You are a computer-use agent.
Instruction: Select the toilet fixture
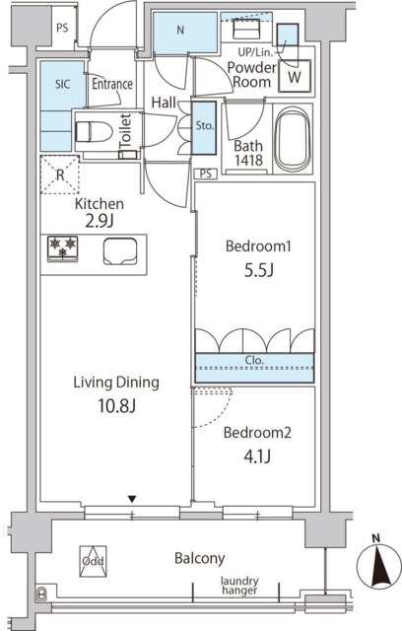click(x=94, y=131)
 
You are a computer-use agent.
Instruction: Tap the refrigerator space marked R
click(x=59, y=175)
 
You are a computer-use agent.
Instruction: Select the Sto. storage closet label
click(x=203, y=126)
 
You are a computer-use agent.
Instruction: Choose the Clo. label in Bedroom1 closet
click(x=254, y=361)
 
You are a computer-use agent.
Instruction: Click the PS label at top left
click(x=62, y=28)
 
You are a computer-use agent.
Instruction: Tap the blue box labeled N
click(x=180, y=31)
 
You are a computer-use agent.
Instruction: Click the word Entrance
click(x=112, y=84)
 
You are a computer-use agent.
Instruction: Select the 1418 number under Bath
click(x=248, y=164)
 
